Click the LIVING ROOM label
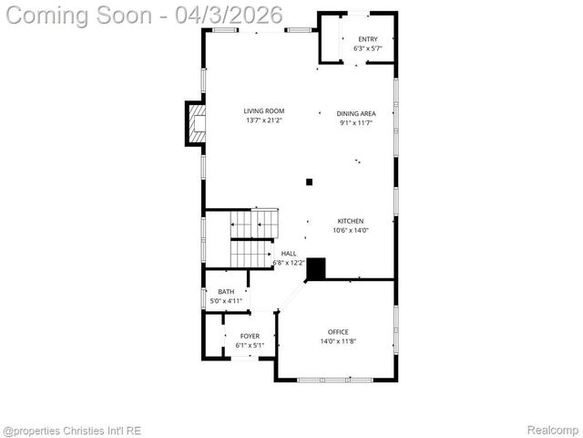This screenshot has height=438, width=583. pos(263,111)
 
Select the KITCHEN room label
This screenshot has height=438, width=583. pos(351,221)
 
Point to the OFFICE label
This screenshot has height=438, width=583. pos(338,331)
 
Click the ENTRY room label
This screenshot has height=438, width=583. pos(367,38)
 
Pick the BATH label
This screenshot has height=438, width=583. pos(225,292)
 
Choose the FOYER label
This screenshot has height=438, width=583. pos(250,337)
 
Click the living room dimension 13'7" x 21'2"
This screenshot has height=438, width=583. pos(263,120)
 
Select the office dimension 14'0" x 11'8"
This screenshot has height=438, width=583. pos(338,341)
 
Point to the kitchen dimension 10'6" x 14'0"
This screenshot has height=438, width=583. pos(351,231)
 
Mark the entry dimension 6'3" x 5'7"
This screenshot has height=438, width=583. pos(367,47)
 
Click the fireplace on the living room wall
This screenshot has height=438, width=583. pos(195,123)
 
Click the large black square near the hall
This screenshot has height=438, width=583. pos(316,269)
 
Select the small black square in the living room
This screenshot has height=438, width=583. pos(310,182)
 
